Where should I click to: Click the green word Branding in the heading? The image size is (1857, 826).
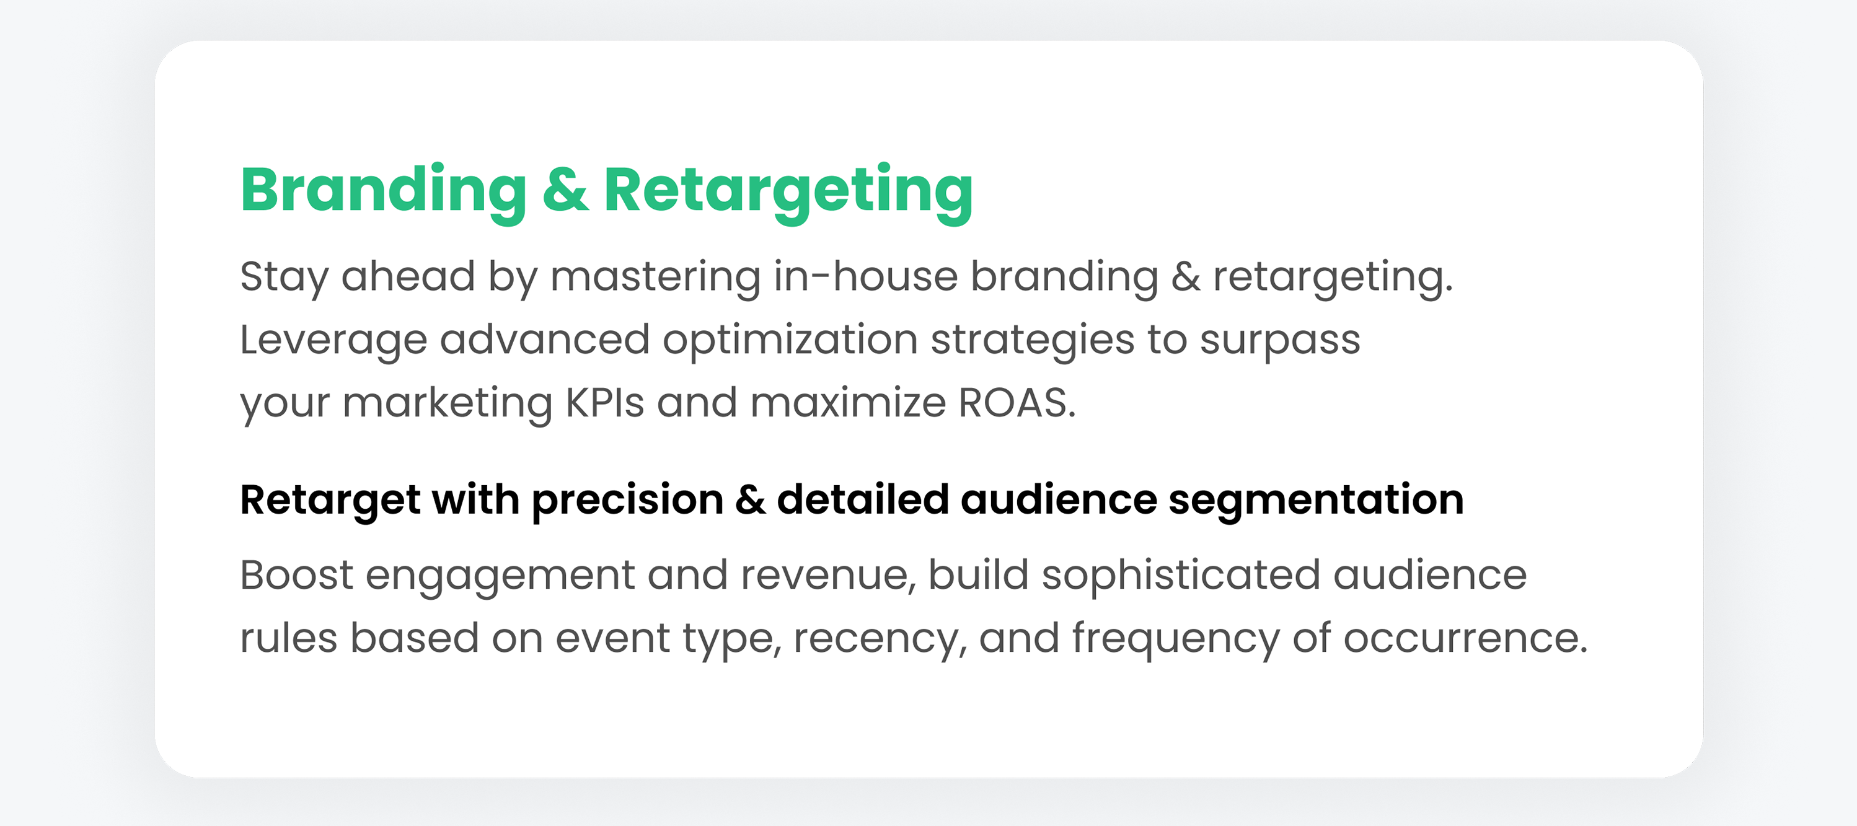pos(384,191)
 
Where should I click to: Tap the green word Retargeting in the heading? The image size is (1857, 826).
pos(788,191)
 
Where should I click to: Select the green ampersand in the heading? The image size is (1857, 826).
pos(566,189)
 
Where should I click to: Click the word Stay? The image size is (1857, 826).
pos(284,278)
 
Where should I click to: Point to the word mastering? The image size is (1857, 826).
pos(655,277)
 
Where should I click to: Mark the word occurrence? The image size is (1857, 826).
pos(1465,639)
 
